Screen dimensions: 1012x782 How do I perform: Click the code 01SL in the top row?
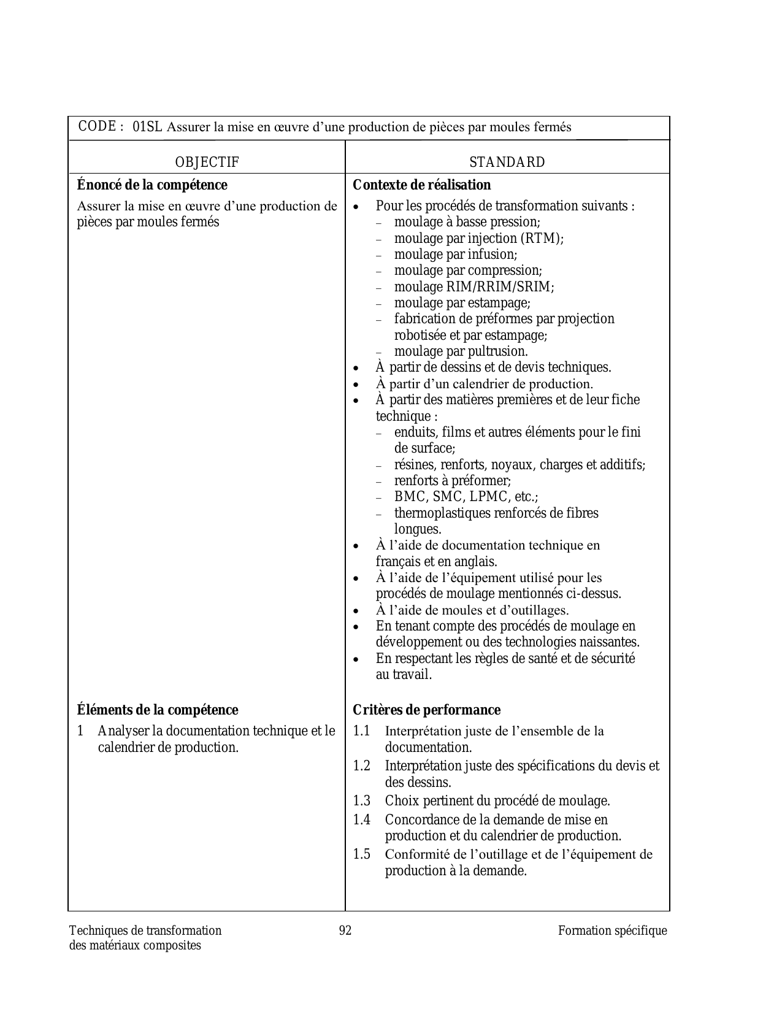coord(147,128)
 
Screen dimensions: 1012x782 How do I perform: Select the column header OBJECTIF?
coord(207,163)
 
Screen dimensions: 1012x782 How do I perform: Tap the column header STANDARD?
coord(507,163)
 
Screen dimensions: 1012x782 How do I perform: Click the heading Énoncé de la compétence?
coord(152,185)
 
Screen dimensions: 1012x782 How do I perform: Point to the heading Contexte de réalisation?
coord(421,185)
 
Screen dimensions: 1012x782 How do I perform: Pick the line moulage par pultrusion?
coord(461,351)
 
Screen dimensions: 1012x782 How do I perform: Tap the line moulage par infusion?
coord(456,255)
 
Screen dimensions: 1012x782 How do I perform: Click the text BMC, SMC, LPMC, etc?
coord(466,497)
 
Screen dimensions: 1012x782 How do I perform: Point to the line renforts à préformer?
coord(453,481)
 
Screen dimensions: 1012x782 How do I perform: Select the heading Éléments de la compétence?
coord(158,710)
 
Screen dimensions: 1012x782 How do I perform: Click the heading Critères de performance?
coord(426,710)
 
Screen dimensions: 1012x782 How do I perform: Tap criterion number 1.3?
coord(362,801)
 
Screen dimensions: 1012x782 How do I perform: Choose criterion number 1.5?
coord(362,854)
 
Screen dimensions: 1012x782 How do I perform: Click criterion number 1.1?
coord(362,731)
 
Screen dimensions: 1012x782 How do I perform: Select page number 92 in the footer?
coord(345,931)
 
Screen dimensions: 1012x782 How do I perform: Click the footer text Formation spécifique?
coord(612,931)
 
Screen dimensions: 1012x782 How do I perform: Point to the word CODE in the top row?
coord(98,126)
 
